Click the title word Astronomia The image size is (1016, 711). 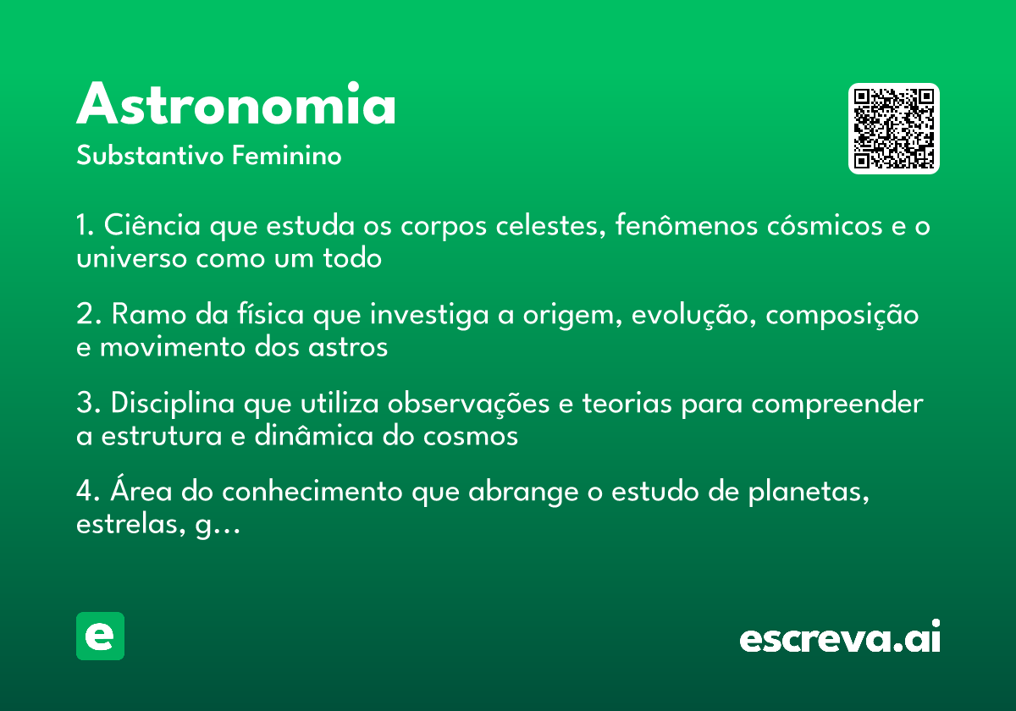coord(236,103)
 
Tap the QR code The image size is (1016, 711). coord(893,129)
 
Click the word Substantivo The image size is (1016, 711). coord(150,156)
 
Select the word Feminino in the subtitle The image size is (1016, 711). coord(287,155)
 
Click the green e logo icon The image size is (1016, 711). coord(100,636)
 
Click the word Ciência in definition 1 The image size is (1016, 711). coord(152,224)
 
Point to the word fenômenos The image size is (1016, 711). coord(687,224)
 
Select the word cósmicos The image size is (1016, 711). coord(825,225)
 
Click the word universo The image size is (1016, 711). coord(131,258)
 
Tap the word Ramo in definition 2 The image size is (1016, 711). coord(149,314)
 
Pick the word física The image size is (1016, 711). coord(270,313)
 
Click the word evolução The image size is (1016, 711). coord(690,315)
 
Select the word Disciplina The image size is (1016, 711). coord(173,403)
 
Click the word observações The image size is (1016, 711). coord(468,404)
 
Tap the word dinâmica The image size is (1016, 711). coord(314,435)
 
